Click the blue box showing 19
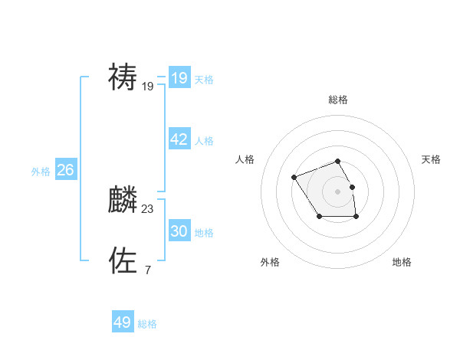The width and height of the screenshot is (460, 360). tap(179, 77)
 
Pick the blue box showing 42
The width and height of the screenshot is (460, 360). tap(179, 139)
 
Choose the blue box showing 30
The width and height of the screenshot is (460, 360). tap(179, 231)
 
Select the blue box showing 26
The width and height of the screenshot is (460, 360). tap(66, 170)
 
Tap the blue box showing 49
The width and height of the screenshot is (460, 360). tap(123, 322)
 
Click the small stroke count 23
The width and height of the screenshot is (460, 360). tap(148, 208)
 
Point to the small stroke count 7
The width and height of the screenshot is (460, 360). tap(147, 270)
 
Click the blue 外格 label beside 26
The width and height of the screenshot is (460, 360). tap(41, 172)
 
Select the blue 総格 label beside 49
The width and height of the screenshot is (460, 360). tap(147, 324)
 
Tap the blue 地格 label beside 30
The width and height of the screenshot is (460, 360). tap(204, 233)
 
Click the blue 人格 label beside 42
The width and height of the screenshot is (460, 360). tap(204, 141)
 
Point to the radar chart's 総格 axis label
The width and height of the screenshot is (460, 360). tap(337, 100)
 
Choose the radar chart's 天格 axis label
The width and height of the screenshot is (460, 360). tap(432, 159)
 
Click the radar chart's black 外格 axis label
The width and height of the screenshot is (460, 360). tap(270, 262)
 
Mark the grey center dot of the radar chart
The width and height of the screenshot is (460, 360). tap(337, 190)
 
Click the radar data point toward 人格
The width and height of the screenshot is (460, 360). tap(294, 178)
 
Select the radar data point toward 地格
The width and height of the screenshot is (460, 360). tap(356, 217)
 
